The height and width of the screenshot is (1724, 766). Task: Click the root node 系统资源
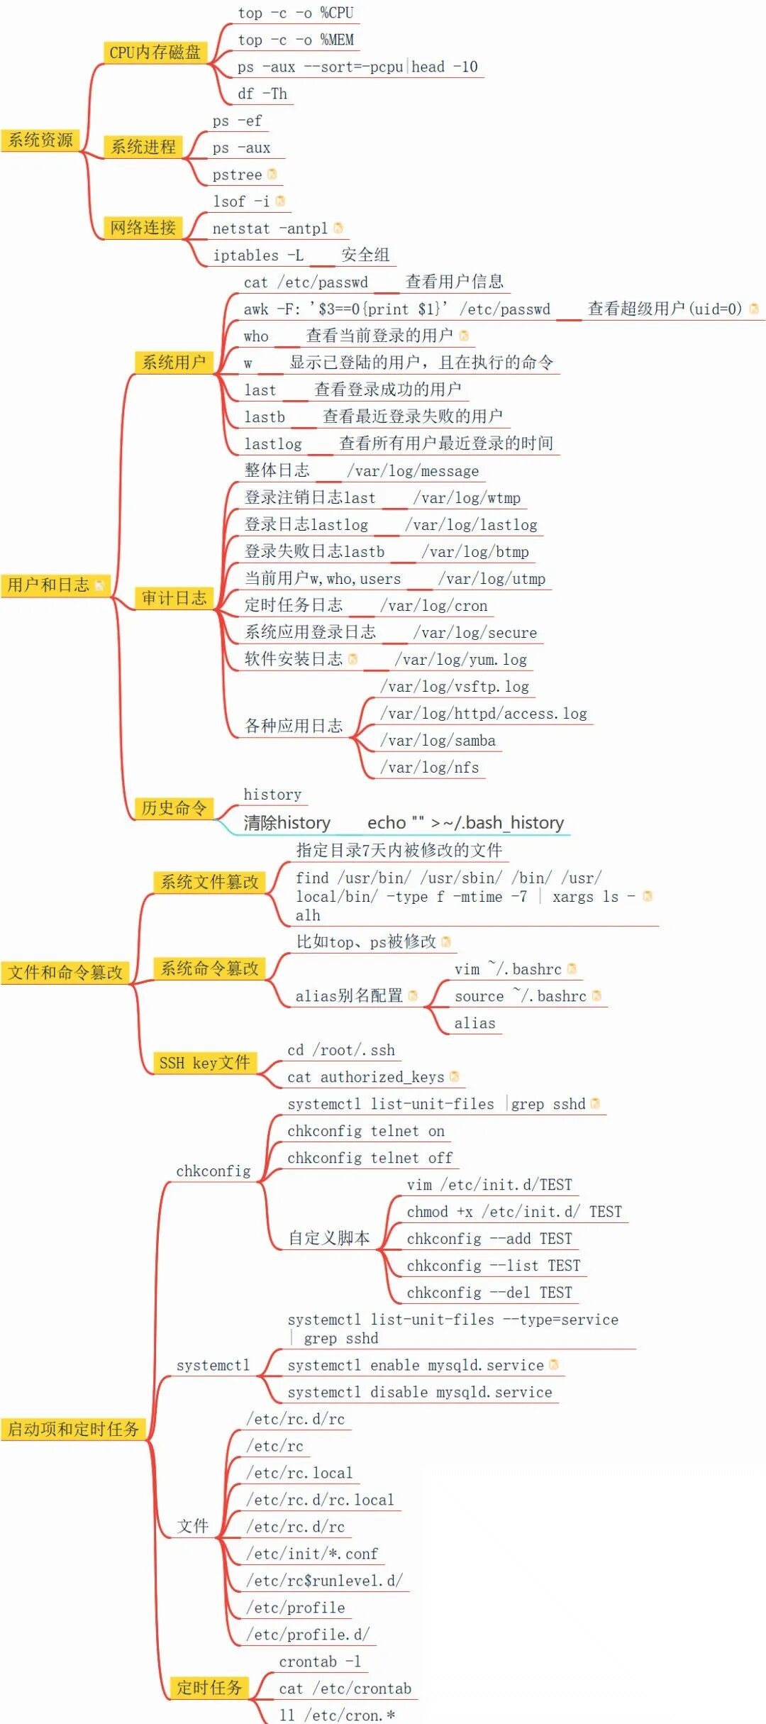click(40, 140)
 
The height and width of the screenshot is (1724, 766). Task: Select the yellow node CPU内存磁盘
click(155, 52)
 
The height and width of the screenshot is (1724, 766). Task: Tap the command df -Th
click(262, 94)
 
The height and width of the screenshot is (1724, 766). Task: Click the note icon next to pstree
click(272, 174)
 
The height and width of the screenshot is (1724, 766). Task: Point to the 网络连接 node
click(143, 228)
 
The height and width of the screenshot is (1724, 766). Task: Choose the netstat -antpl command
click(270, 228)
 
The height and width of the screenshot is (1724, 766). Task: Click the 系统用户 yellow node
click(174, 363)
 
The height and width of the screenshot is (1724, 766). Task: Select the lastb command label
click(265, 417)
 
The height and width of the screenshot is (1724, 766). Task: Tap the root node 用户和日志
click(49, 585)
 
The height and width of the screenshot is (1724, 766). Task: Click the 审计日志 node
click(174, 598)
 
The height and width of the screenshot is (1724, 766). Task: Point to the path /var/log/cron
click(434, 606)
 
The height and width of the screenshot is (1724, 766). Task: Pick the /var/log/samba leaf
click(438, 741)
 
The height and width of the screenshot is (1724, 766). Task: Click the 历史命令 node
click(174, 808)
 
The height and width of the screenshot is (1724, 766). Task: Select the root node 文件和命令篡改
click(65, 973)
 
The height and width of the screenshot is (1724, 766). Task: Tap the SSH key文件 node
click(204, 1063)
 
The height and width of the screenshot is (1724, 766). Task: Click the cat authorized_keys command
click(365, 1077)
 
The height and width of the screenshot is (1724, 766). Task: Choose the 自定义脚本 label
click(329, 1238)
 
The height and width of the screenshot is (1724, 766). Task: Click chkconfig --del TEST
click(489, 1293)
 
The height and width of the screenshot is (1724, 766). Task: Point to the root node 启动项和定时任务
click(74, 1429)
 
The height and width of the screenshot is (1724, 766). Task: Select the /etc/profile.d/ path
click(308, 1635)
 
